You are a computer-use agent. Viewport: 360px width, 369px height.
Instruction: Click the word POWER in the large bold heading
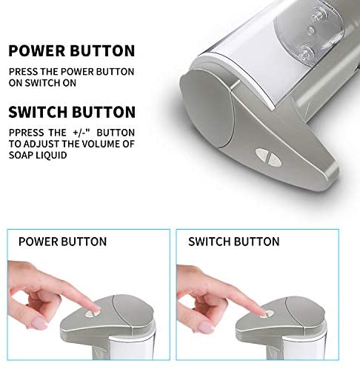tap(36, 50)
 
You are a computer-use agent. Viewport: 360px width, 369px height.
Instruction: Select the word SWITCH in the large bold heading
tap(38, 112)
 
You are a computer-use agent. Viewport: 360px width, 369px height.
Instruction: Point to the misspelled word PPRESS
tap(24, 133)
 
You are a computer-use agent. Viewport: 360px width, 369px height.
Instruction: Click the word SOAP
tap(20, 155)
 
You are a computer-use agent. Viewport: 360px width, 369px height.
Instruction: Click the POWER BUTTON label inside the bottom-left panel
tap(62, 242)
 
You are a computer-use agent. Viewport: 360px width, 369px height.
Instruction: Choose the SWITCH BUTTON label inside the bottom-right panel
tap(233, 242)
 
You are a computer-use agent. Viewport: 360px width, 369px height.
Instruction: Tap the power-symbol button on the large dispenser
tap(261, 153)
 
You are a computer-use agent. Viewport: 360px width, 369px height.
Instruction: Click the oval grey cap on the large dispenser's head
tap(207, 109)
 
